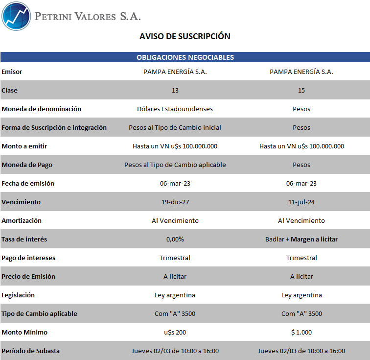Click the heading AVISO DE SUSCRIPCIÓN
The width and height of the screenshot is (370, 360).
pyautogui.click(x=185, y=36)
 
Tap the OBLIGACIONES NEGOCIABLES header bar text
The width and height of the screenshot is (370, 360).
pyautogui.click(x=185, y=57)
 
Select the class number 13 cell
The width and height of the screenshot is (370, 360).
pyautogui.click(x=175, y=91)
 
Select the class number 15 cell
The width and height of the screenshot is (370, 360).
pyautogui.click(x=301, y=91)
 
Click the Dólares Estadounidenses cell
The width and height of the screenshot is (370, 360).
pyautogui.click(x=175, y=109)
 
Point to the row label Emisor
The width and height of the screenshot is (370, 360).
pyautogui.click(x=12, y=72)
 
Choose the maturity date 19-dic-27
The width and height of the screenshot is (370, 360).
pyautogui.click(x=175, y=202)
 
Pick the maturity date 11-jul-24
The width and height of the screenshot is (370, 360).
pyautogui.click(x=301, y=202)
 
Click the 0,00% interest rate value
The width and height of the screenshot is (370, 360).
pyautogui.click(x=175, y=240)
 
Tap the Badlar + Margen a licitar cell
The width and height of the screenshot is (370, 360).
pyautogui.click(x=301, y=240)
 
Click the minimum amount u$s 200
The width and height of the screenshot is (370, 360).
pyautogui.click(x=175, y=333)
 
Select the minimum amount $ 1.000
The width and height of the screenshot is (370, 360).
pyautogui.click(x=301, y=333)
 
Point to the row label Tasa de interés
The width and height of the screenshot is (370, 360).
pyautogui.click(x=24, y=240)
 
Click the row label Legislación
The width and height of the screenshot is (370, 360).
pyautogui.click(x=18, y=295)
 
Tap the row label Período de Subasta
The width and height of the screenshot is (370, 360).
pyautogui.click(x=30, y=351)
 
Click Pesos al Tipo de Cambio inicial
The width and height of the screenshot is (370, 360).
pyautogui.click(x=175, y=128)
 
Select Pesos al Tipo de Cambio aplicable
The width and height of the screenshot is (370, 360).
pyautogui.click(x=175, y=165)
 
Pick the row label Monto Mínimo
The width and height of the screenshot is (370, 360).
pyautogui.click(x=24, y=333)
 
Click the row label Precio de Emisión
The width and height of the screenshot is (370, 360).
pyautogui.click(x=28, y=277)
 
